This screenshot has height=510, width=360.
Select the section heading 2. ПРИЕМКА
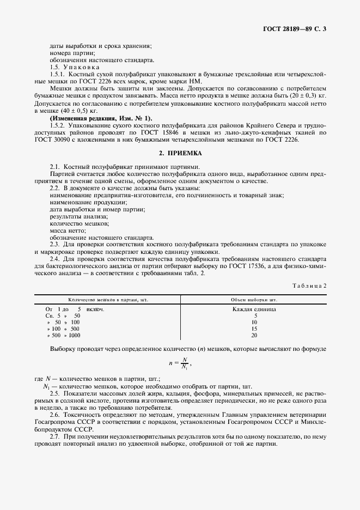(180, 154)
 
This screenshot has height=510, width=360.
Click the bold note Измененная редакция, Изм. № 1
(101, 118)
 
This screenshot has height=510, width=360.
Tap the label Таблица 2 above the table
(309, 286)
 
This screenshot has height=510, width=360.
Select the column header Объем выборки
(254, 300)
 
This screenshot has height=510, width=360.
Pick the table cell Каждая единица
(254, 309)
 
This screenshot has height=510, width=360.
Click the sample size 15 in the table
(254, 329)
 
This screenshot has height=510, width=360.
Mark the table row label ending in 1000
(64, 335)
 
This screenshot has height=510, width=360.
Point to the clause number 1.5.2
(58, 125)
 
